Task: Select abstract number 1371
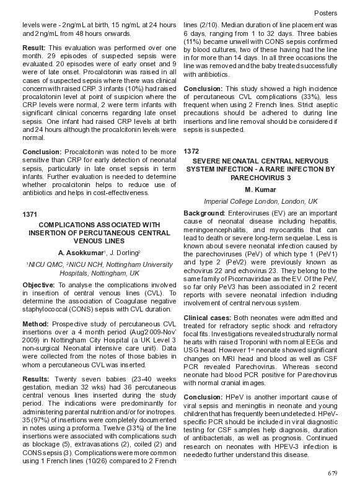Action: pyautogui.click(x=30, y=214)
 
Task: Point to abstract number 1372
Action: pyautogui.click(x=192, y=150)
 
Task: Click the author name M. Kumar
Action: pyautogui.click(x=260, y=189)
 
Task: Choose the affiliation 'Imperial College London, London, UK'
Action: pyautogui.click(x=260, y=201)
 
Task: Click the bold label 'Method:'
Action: pyautogui.click(x=35, y=324)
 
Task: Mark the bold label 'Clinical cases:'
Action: pyautogui.click(x=208, y=317)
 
